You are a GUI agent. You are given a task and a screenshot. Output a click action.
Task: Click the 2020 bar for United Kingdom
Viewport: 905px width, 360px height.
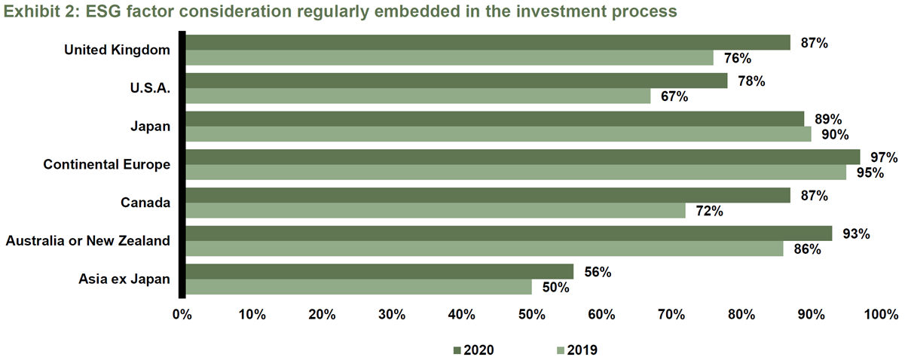[x=488, y=42]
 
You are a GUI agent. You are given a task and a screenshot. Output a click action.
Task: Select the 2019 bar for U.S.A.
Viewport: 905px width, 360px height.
[x=418, y=96]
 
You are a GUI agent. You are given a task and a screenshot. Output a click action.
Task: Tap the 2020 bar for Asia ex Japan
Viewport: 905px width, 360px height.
[x=380, y=272]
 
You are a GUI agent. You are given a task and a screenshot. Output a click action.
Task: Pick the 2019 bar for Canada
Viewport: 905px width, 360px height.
[x=436, y=211]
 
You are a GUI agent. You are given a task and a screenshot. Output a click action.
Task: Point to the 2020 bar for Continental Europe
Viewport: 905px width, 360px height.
[x=523, y=157]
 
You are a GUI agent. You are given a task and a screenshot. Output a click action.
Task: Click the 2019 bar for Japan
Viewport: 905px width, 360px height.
[x=499, y=134]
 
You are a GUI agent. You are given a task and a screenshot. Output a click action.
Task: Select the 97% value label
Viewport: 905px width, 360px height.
[x=884, y=157]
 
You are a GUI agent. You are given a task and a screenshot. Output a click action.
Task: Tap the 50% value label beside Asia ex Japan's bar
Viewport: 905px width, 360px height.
[x=555, y=288]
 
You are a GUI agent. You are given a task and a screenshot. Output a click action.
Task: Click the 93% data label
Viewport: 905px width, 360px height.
[x=856, y=233]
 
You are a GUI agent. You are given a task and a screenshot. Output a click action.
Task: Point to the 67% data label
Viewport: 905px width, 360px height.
[x=674, y=96]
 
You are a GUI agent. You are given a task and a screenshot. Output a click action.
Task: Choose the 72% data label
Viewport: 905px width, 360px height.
[x=709, y=211]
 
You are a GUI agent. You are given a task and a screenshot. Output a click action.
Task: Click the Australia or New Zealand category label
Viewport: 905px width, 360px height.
[x=87, y=241]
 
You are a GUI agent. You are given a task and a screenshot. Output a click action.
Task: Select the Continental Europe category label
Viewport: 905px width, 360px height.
[x=107, y=165]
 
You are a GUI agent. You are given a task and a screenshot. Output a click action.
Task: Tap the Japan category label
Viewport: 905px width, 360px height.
[x=150, y=127]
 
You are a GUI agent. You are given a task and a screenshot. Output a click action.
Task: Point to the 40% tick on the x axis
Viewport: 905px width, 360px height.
[x=462, y=314]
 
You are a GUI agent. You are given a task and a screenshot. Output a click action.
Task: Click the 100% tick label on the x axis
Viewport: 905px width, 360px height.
[x=881, y=314]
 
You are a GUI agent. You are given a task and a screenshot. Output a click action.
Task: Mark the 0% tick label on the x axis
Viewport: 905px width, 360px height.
[x=182, y=314]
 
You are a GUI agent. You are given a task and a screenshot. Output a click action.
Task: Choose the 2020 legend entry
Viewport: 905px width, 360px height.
[x=474, y=350]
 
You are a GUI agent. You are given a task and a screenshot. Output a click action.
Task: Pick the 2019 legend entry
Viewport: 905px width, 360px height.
[x=577, y=350]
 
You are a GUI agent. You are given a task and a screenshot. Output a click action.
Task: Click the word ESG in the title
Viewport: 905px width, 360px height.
[x=103, y=11]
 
